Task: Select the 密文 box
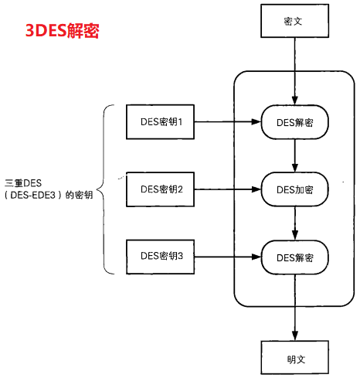[x=294, y=21]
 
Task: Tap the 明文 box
[x=294, y=360]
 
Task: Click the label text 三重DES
[x=22, y=182]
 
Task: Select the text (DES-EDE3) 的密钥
[x=48, y=196]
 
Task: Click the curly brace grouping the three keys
[x=109, y=188]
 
